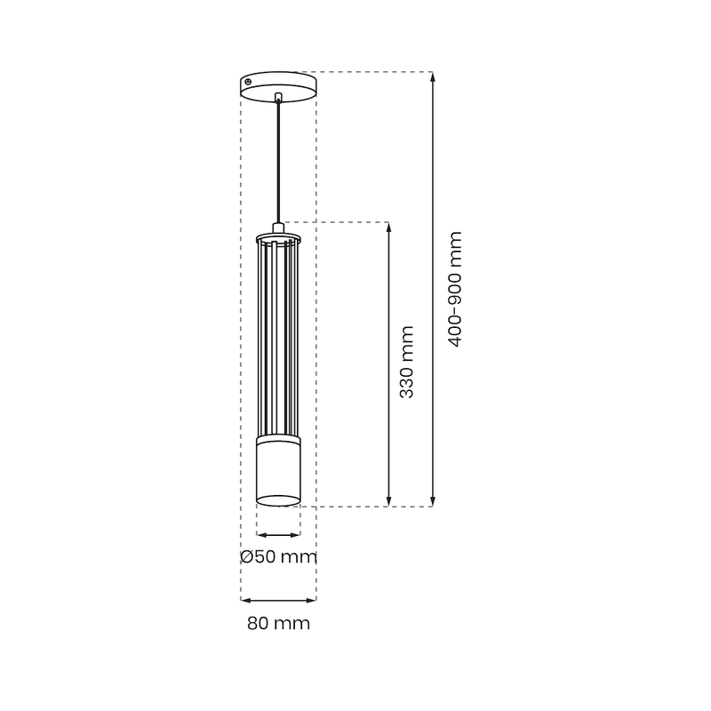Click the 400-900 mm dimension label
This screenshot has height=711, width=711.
coord(456,289)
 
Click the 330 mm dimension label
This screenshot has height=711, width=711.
coord(406,362)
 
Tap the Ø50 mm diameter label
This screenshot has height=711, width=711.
coord(278,557)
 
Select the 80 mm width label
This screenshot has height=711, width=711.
coord(278,623)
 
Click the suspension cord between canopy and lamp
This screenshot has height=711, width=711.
coord(279,160)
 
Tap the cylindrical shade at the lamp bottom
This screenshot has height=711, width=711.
coord(278,471)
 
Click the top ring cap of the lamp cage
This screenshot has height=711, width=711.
coord(278,239)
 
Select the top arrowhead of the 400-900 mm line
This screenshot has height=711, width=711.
coord(432,77)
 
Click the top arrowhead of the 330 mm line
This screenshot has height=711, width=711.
coord(389,228)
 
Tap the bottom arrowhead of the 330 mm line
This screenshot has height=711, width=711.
coord(389,500)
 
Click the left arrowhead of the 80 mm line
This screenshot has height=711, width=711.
coord(246,600)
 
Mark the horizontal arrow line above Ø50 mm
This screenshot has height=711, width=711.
coord(278,535)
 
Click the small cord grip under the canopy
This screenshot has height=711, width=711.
coord(279,97)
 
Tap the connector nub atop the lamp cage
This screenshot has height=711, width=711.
coord(279,228)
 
